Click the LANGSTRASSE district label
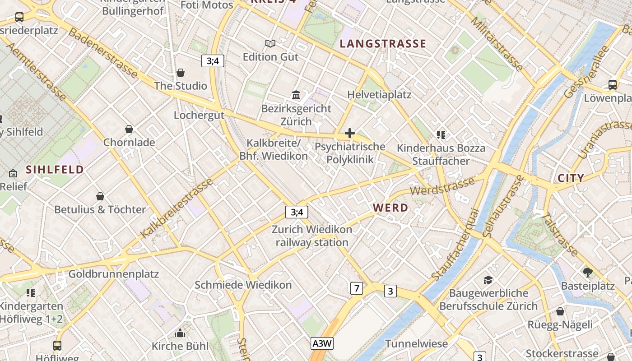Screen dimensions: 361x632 383,44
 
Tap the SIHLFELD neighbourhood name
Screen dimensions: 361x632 55,170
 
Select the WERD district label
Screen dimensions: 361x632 390,208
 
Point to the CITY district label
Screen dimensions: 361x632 571,178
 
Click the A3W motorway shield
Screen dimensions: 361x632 322,343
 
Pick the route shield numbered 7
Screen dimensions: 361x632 356,288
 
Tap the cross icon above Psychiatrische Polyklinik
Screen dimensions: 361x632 349,133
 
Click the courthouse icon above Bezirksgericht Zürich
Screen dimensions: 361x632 297,95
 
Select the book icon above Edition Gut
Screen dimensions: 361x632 270,43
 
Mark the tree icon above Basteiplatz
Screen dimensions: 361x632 587,272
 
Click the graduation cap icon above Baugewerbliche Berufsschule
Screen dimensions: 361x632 488,280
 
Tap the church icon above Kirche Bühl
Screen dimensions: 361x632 180,333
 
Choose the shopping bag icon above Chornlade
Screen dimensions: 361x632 129,129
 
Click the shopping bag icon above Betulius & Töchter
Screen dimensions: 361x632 100,196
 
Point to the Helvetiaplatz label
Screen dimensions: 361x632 379,95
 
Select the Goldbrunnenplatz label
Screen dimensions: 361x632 113,274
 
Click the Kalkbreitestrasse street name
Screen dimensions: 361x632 177,208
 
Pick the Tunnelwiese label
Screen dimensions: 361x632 416,343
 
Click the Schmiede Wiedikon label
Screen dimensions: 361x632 243,285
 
